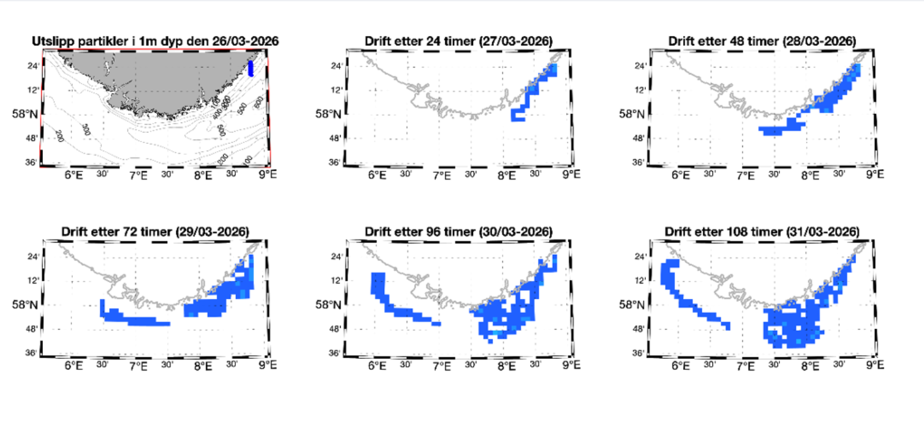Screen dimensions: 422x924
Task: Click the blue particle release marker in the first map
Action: (251, 68)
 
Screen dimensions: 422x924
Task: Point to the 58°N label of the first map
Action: (24, 113)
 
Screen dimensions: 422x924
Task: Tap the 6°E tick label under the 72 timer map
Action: (73, 366)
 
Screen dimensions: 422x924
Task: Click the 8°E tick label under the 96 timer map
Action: (506, 366)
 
